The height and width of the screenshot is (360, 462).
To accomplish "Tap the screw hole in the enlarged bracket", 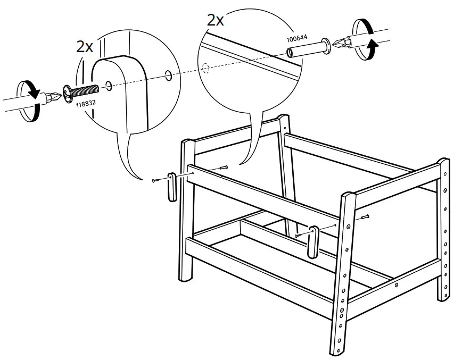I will point(109,84).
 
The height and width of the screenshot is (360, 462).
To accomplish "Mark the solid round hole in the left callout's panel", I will point(168,76).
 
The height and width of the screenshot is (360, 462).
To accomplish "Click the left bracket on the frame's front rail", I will point(171,187).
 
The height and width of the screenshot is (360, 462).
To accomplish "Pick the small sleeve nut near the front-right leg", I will point(365,216).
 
